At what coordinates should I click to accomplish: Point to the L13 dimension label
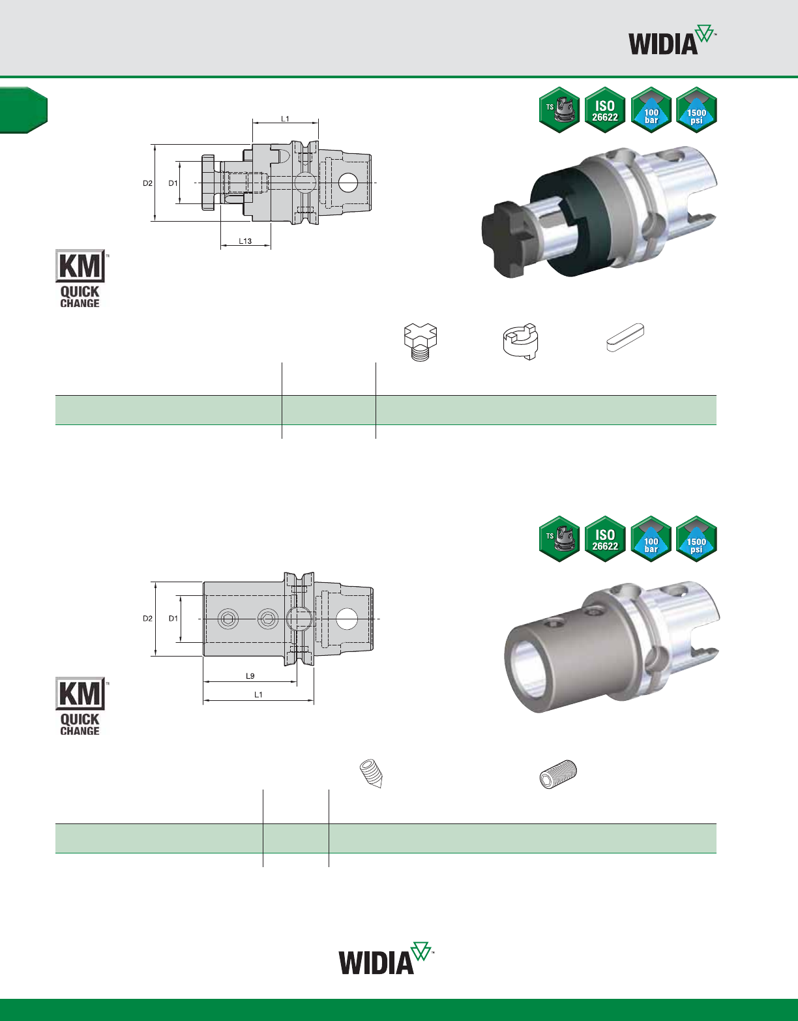(x=245, y=241)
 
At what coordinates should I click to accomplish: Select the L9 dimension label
(x=250, y=675)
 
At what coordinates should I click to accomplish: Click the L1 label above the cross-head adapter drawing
(x=285, y=119)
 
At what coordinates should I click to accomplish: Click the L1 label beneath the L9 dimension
(x=258, y=694)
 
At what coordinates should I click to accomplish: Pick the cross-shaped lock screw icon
(x=421, y=342)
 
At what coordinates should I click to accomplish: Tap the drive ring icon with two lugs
(x=520, y=341)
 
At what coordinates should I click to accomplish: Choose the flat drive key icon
(x=625, y=337)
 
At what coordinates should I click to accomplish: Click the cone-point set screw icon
(x=372, y=773)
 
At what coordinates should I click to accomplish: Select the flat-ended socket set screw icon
(x=558, y=774)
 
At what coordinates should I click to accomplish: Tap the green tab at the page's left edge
(x=23, y=110)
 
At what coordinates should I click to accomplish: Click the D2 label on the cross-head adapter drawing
(x=147, y=183)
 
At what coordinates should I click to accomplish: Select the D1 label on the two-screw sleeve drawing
(x=173, y=618)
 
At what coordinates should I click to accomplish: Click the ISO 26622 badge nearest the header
(x=605, y=110)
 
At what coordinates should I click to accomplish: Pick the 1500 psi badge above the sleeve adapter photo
(x=696, y=539)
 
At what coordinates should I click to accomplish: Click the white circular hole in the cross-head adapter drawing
(x=348, y=183)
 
